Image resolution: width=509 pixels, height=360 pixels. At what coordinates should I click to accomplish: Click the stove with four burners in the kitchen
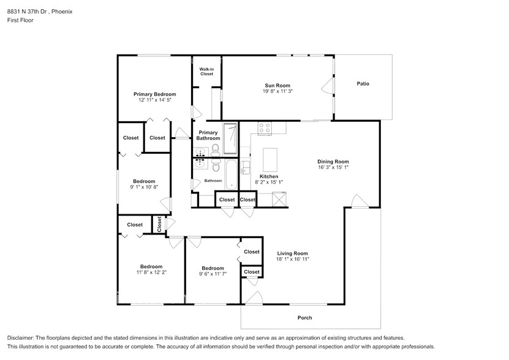tap(265, 128)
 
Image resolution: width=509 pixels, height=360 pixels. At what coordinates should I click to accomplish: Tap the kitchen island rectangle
tap(271, 160)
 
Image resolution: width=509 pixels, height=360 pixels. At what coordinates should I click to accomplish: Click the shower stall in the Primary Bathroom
tap(230, 138)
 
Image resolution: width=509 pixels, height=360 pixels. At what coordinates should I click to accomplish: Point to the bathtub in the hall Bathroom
tap(230, 175)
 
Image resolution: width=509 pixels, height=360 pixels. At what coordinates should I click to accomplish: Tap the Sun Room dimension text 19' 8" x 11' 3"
tap(277, 91)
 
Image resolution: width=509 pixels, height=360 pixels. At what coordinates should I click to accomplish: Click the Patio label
tap(363, 84)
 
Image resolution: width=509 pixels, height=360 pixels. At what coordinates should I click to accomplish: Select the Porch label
tap(304, 318)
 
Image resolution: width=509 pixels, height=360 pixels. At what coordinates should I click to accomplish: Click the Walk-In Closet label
tap(206, 72)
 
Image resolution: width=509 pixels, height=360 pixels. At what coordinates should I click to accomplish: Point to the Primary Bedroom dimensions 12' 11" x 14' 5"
tap(155, 99)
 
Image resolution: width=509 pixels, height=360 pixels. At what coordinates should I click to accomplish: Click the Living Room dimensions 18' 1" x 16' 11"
tap(292, 259)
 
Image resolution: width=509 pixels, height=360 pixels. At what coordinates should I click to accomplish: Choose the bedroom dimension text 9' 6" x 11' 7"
tap(213, 274)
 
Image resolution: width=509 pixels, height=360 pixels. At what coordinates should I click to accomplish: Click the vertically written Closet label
tap(159, 225)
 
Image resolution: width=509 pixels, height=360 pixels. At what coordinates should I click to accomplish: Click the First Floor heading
tap(21, 20)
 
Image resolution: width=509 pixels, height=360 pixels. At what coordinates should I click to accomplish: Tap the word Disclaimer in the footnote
tap(23, 338)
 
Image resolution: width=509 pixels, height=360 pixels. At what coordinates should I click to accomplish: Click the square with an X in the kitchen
tap(279, 200)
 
